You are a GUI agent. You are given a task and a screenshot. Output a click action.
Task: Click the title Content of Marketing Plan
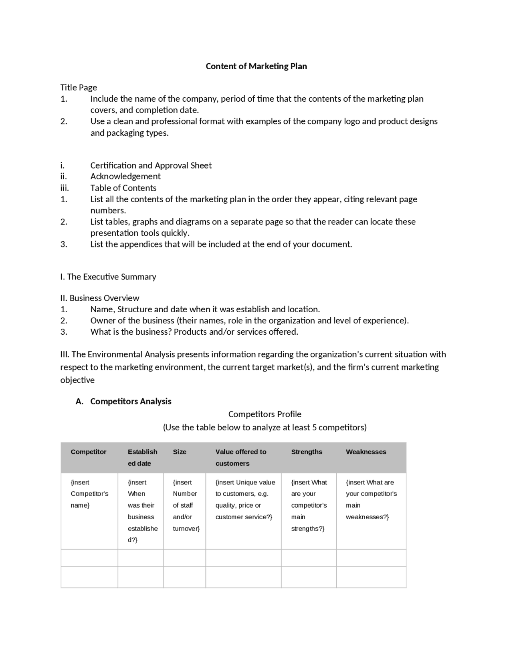[256, 66]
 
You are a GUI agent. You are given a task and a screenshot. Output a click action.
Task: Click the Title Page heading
[79, 87]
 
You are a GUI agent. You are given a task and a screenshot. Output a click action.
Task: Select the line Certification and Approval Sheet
[151, 165]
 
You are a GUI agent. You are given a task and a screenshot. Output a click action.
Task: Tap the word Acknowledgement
[125, 176]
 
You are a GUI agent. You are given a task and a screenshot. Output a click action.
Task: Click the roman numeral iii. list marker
[65, 188]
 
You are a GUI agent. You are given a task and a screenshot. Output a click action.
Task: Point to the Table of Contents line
[123, 188]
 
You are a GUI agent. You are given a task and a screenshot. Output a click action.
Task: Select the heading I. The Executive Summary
[108, 277]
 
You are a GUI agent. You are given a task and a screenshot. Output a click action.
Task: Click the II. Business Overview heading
[99, 298]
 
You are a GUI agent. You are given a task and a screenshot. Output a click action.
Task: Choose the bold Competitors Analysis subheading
[131, 401]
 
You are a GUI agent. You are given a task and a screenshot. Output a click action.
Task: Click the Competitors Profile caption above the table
[265, 414]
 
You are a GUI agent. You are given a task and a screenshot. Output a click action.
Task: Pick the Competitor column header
[89, 452]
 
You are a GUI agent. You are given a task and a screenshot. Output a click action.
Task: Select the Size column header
[180, 452]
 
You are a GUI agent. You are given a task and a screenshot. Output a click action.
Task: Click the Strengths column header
[307, 452]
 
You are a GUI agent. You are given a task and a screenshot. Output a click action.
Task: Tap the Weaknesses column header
[366, 452]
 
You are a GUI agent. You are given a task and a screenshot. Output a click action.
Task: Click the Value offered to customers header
[240, 457]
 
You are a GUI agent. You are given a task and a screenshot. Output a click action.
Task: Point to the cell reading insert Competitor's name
[89, 494]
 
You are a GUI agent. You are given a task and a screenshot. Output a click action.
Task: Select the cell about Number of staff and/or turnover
[185, 505]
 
